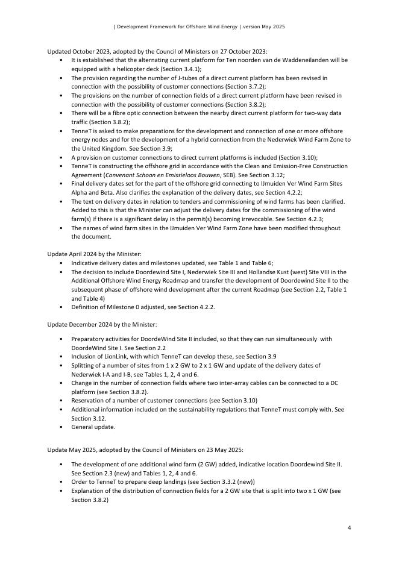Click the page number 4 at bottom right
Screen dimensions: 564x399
[x=349, y=528]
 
